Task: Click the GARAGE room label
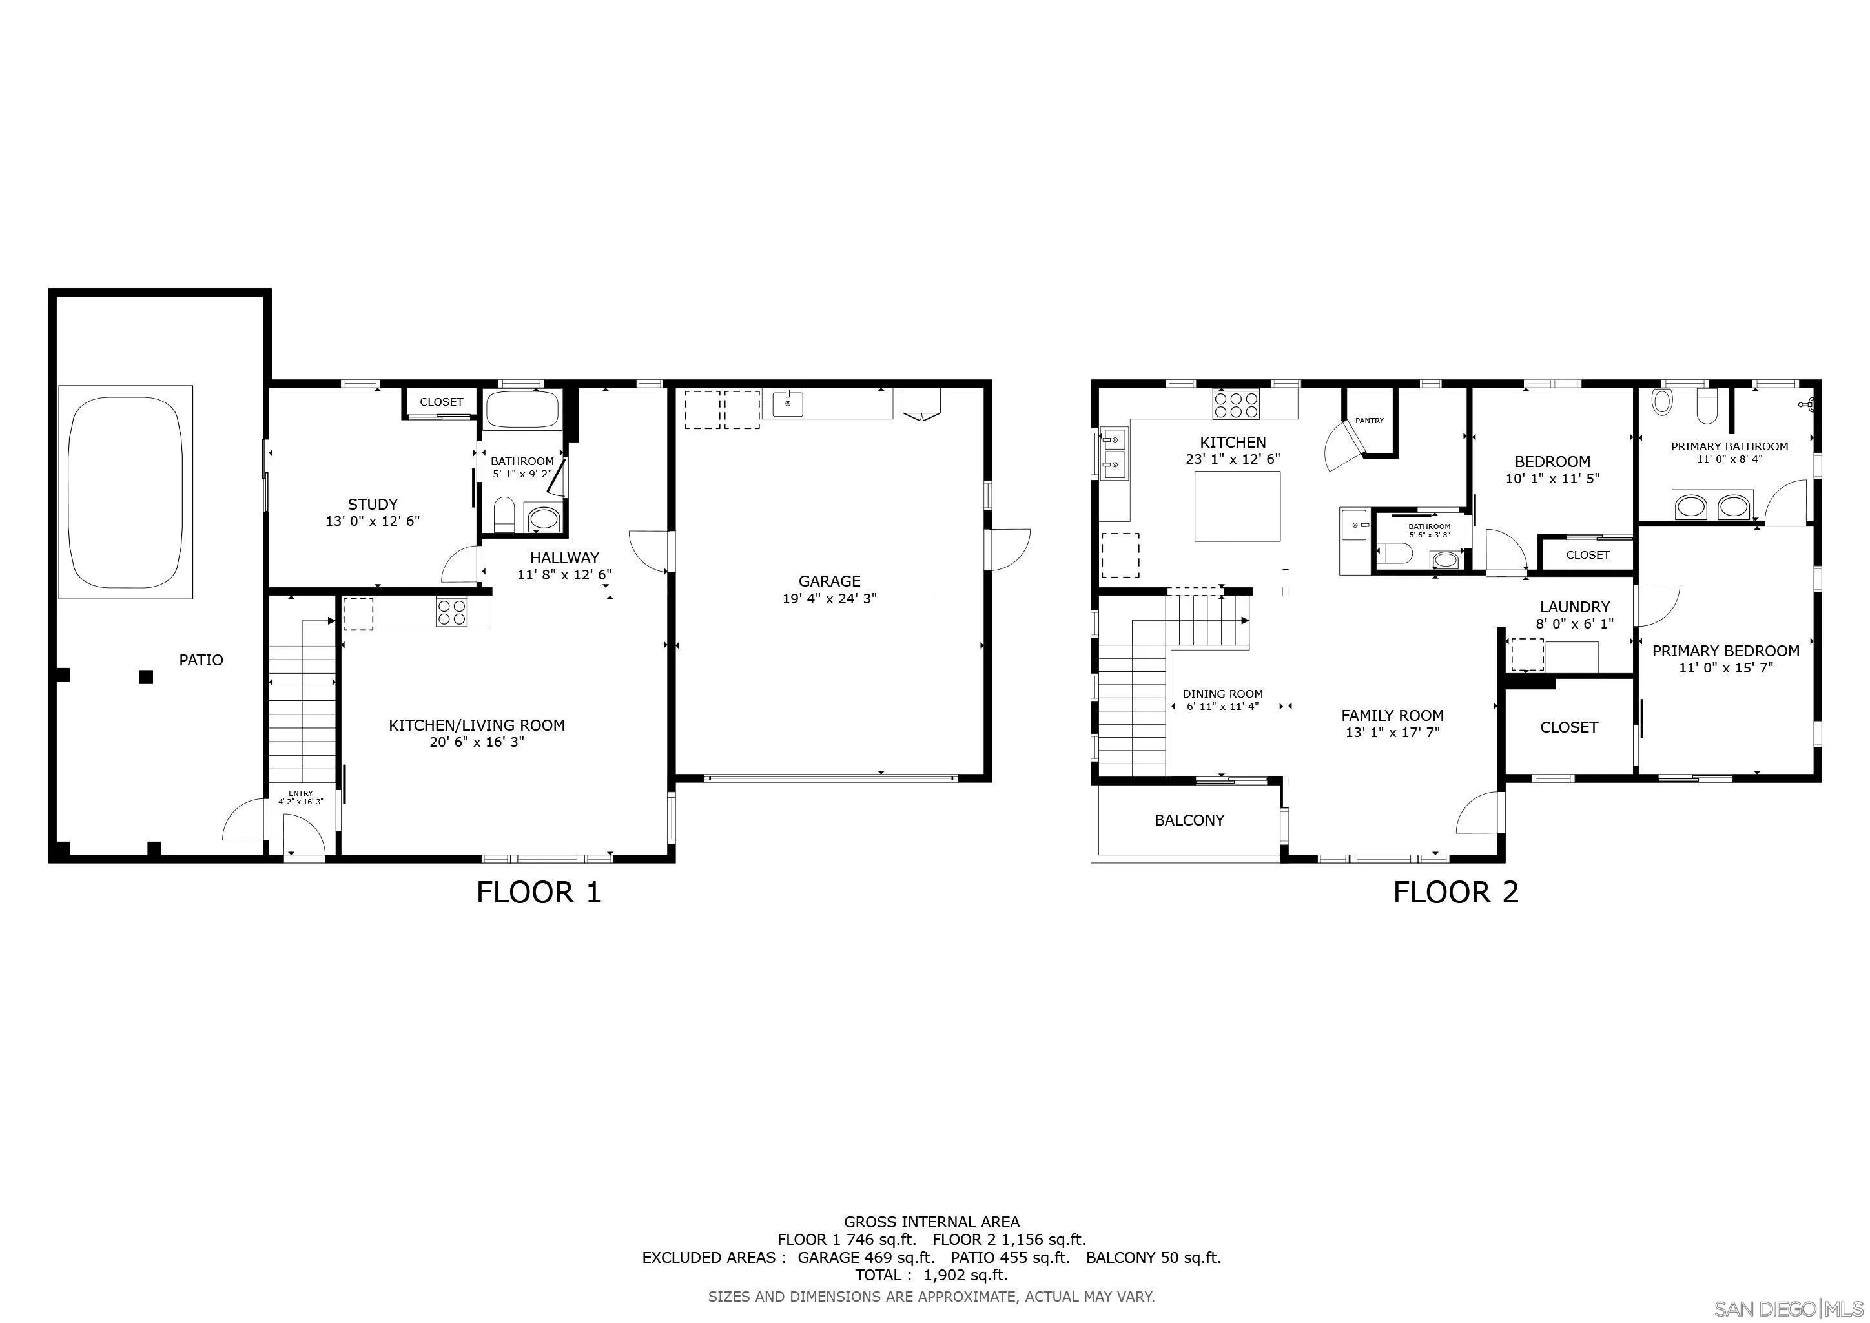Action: pyautogui.click(x=829, y=581)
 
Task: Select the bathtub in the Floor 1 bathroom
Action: pyautogui.click(x=522, y=409)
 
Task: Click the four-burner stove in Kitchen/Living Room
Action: pyautogui.click(x=451, y=612)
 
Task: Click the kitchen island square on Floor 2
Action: pyautogui.click(x=1237, y=506)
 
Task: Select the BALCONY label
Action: pyautogui.click(x=1189, y=820)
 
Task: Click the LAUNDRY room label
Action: pyautogui.click(x=1574, y=607)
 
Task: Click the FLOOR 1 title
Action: pyautogui.click(x=539, y=893)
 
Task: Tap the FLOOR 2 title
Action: pyautogui.click(x=1455, y=893)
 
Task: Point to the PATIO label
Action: pyautogui.click(x=200, y=660)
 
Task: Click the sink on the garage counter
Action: pyautogui.click(x=788, y=402)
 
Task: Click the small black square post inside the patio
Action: pyautogui.click(x=146, y=676)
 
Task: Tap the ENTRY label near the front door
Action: pyautogui.click(x=300, y=793)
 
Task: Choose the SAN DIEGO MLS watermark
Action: pyautogui.click(x=1789, y=1308)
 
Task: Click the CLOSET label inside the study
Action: pyautogui.click(x=442, y=402)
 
